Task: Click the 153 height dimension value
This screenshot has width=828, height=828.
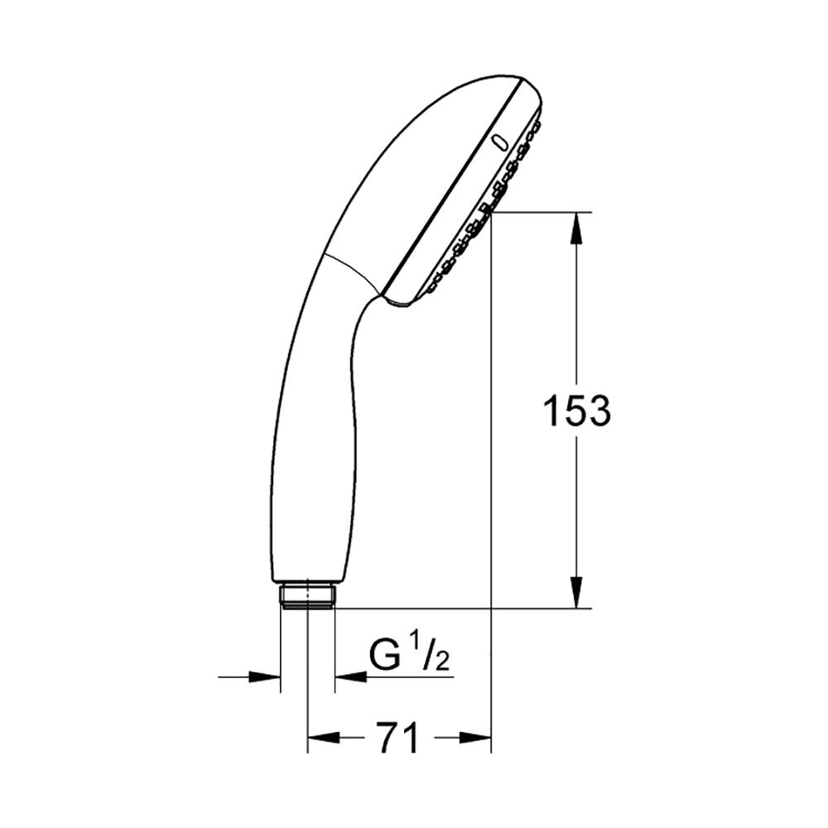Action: [576, 411]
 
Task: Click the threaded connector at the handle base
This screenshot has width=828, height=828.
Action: [307, 595]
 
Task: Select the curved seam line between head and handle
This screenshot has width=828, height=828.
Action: [352, 269]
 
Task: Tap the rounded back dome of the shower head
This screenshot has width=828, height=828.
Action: [431, 124]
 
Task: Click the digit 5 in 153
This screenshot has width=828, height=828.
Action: [576, 411]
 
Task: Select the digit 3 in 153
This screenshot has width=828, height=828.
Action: [598, 411]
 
